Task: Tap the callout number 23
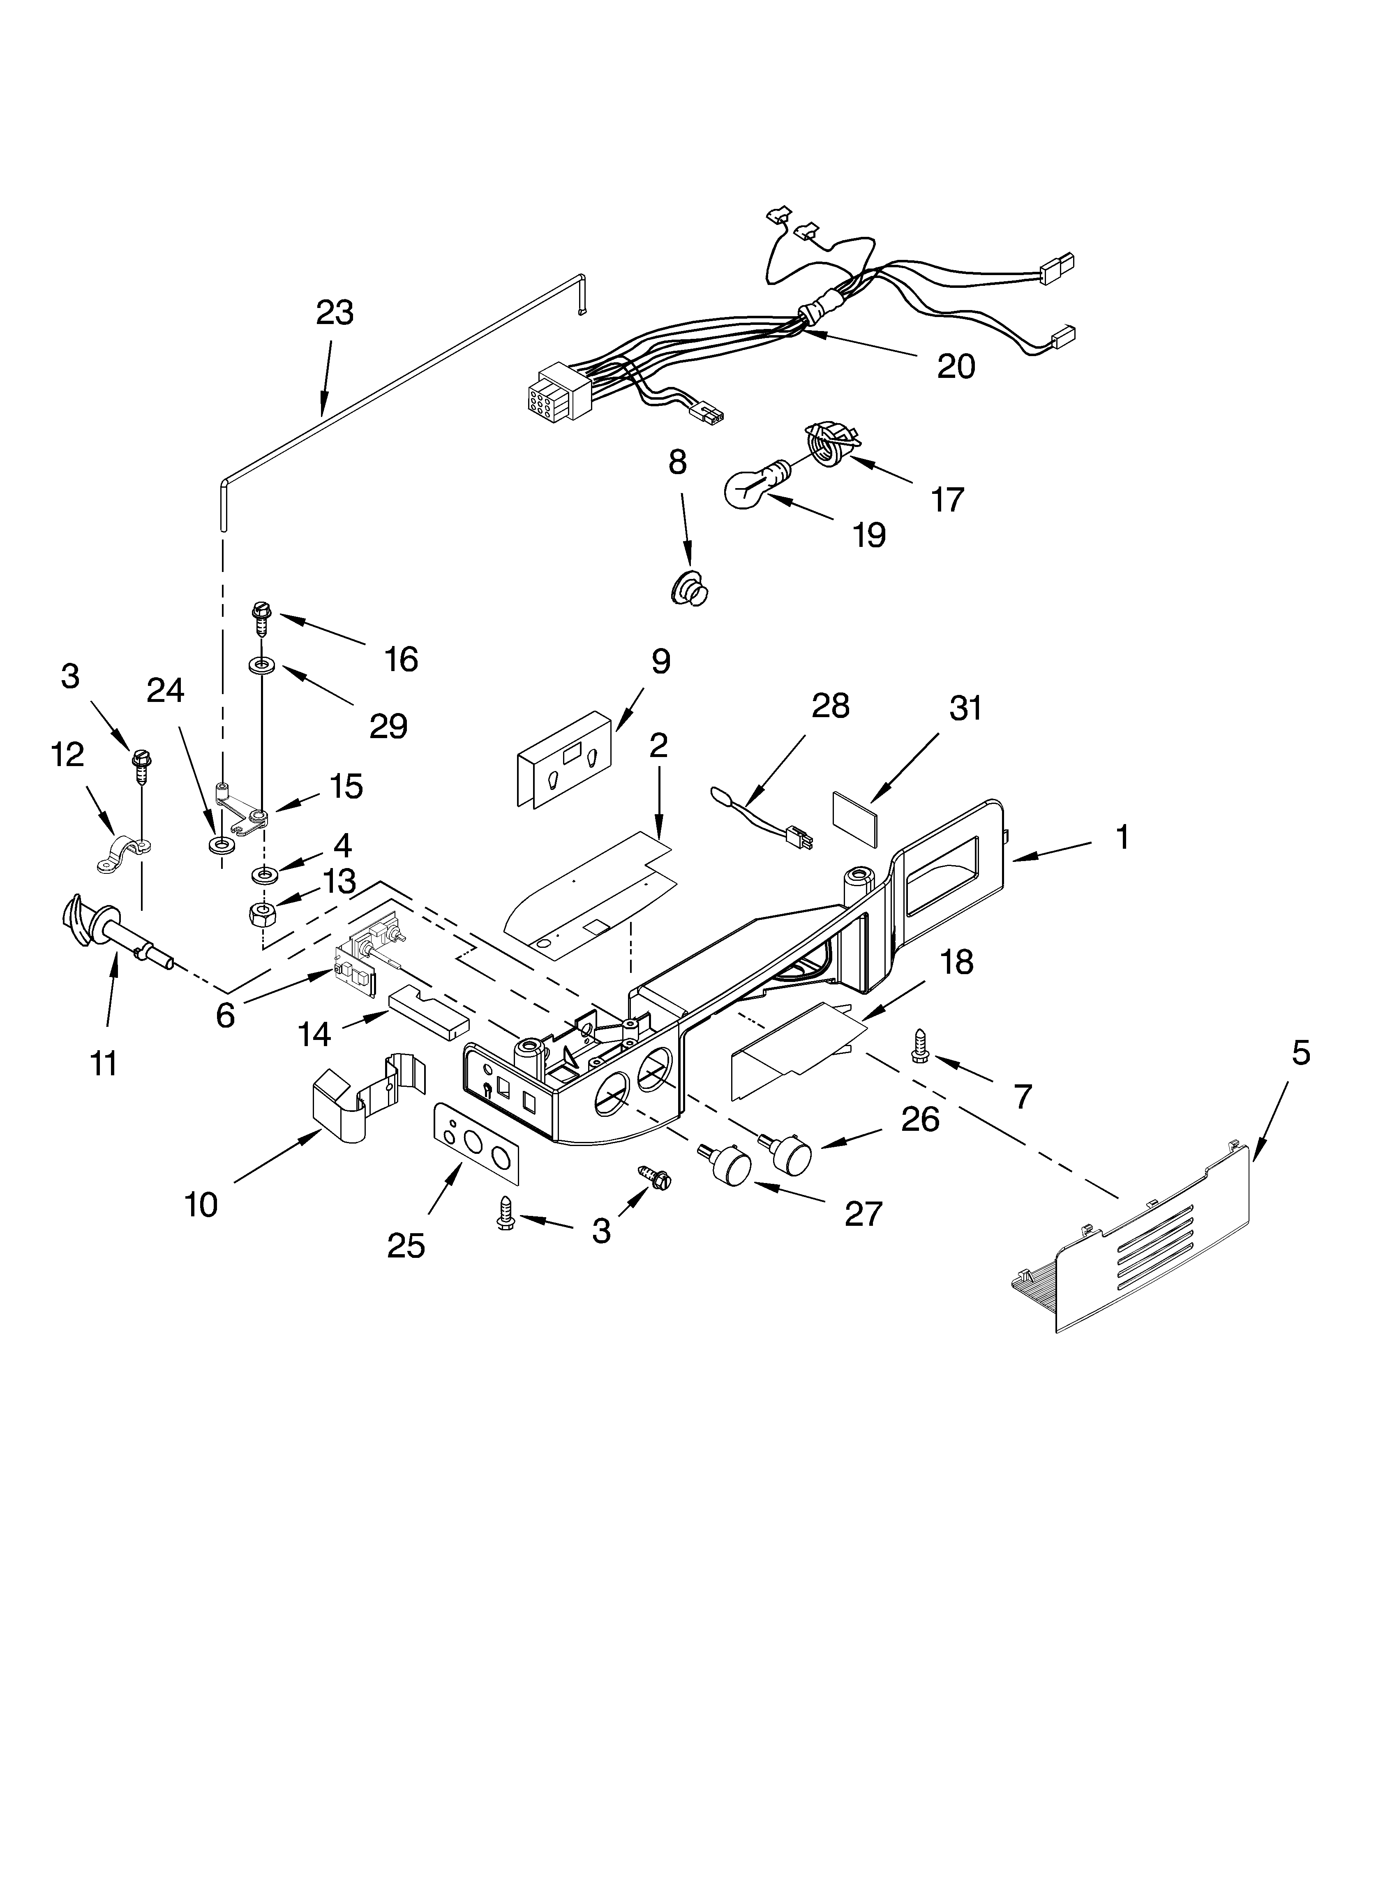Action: tap(335, 313)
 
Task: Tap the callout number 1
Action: tap(1122, 837)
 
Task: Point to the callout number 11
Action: tap(104, 1063)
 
